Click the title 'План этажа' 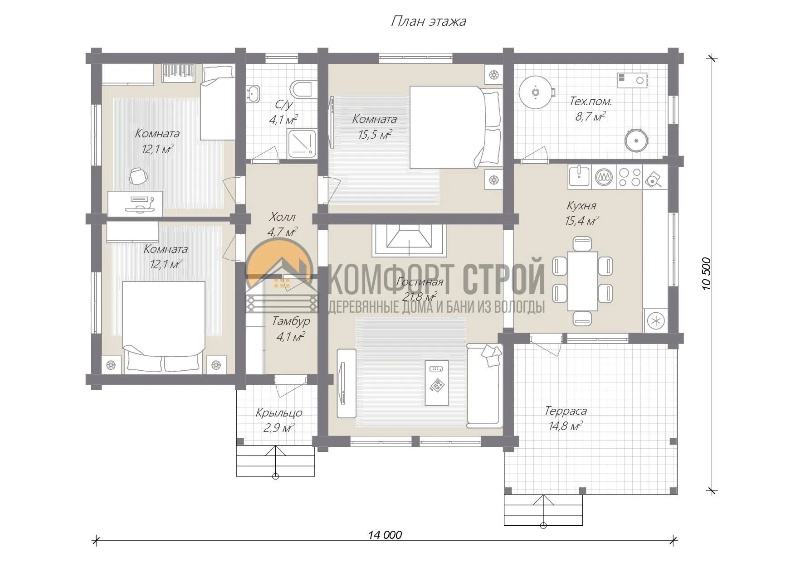tap(428, 21)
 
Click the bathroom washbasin tap(253, 93)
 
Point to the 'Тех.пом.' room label tap(591, 101)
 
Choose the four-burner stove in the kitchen tap(630, 177)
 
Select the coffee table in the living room tap(437, 383)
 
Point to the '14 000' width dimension tap(385, 535)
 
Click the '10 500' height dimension tap(706, 274)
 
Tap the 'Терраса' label tap(566, 411)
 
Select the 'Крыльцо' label tap(279, 413)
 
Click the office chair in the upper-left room tap(138, 176)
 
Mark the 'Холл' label tap(282, 216)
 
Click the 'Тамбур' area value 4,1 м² tap(290, 337)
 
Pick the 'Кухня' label tap(581, 205)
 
